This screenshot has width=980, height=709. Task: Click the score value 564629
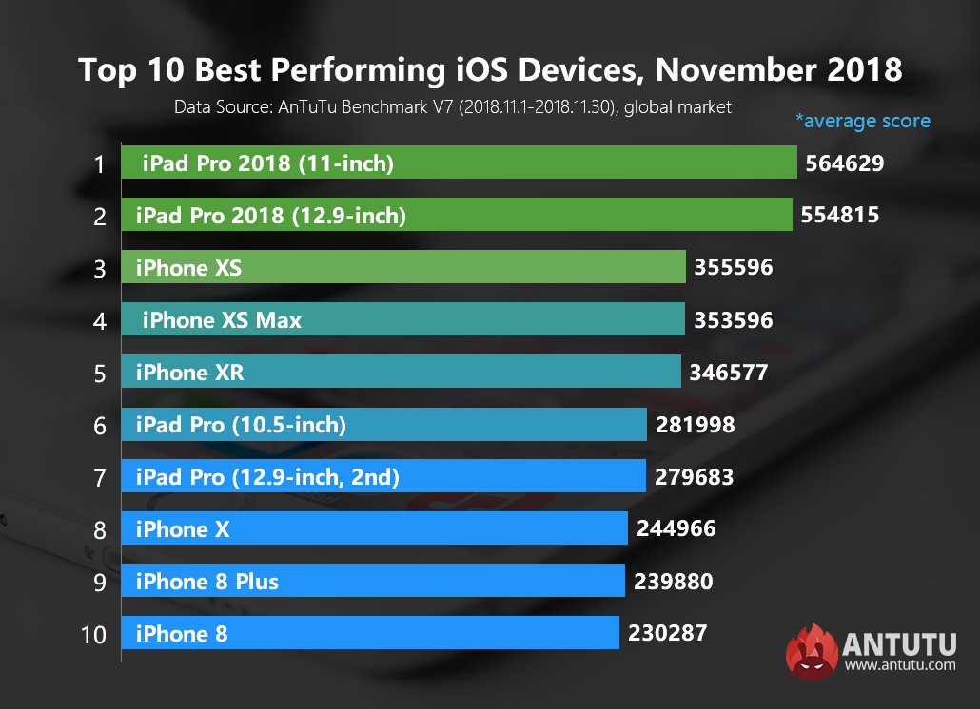click(x=845, y=163)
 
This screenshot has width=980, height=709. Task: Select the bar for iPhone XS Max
click(x=402, y=320)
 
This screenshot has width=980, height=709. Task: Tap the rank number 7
click(x=99, y=477)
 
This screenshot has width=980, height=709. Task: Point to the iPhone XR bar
click(x=401, y=373)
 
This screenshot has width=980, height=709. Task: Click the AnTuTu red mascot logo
click(x=811, y=651)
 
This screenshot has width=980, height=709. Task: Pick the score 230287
click(x=668, y=632)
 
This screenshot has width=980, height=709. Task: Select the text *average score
click(x=863, y=121)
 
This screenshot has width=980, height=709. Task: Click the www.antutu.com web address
click(x=900, y=665)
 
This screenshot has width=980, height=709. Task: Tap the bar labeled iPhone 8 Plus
click(x=372, y=581)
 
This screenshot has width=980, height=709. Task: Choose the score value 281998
click(x=695, y=425)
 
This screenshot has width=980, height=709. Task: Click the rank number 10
click(x=94, y=634)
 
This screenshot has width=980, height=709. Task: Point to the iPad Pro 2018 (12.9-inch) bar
click(x=457, y=216)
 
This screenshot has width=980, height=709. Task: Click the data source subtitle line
click(x=453, y=107)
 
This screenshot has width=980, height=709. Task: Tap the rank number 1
click(x=99, y=164)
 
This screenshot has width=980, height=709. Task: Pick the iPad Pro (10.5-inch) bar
click(x=383, y=425)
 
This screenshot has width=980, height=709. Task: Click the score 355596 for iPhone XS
click(x=734, y=268)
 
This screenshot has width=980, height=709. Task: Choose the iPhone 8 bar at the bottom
click(x=370, y=633)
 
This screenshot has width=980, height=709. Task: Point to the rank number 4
click(x=99, y=321)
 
